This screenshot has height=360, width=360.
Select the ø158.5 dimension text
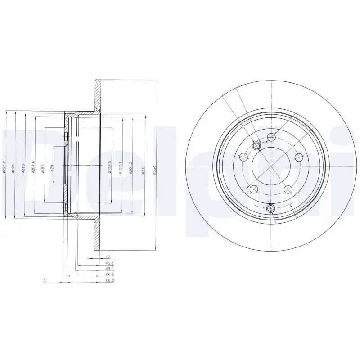110,166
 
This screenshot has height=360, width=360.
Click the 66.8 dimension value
96,280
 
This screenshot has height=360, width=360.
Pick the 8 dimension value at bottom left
44,280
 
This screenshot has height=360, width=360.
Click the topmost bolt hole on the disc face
271,137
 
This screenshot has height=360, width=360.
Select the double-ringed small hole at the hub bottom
270,208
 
